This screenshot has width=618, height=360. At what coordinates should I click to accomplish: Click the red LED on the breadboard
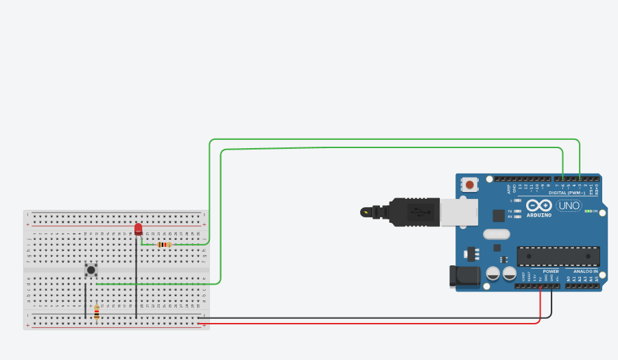(139, 229)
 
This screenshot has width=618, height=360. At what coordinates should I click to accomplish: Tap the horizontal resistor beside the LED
(164, 244)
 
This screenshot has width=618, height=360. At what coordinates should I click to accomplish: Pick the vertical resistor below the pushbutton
(97, 313)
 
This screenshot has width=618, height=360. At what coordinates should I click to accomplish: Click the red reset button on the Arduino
(471, 184)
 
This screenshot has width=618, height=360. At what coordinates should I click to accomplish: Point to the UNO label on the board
(569, 206)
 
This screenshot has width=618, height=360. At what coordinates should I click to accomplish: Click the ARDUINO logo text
(539, 215)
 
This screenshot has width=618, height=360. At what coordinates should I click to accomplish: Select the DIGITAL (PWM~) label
(567, 193)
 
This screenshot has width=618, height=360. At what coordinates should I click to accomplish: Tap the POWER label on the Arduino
(551, 271)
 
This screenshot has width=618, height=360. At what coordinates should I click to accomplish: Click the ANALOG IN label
(586, 271)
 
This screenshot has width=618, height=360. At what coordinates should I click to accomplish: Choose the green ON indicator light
(587, 211)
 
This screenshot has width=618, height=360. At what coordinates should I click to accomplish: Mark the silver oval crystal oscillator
(496, 235)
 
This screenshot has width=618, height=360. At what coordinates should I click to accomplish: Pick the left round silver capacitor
(492, 274)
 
